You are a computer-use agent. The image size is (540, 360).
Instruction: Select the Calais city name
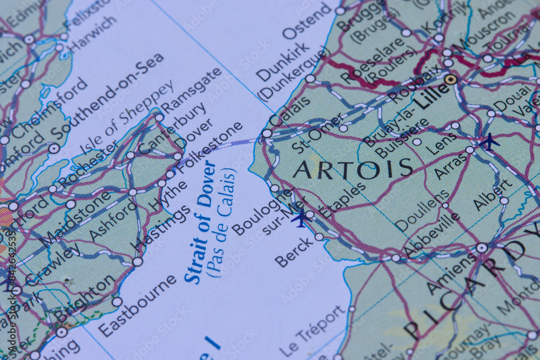[x=289, y=111]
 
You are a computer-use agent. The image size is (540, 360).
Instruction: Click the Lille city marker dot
[x=450, y=80]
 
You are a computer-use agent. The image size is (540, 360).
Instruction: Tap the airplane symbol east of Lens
[x=489, y=141]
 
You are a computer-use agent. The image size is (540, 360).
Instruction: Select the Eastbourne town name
[x=138, y=305]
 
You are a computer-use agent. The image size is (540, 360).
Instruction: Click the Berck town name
[x=293, y=253]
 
